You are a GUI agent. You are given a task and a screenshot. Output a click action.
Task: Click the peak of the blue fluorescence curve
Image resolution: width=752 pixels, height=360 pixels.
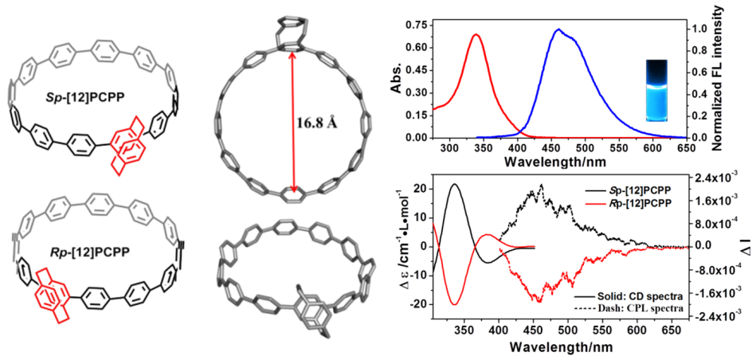pos(558,30)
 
